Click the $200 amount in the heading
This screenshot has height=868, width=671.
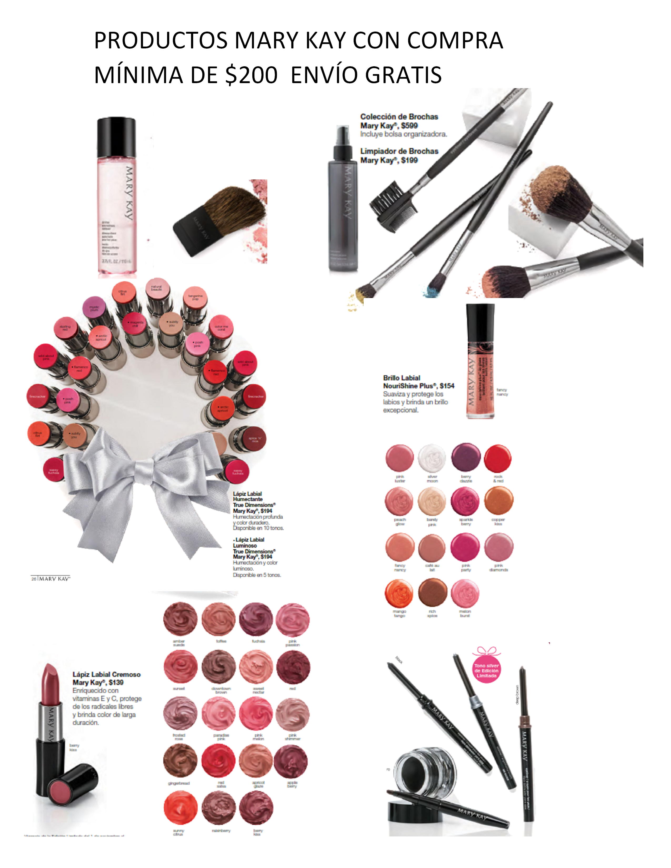pyautogui.click(x=251, y=75)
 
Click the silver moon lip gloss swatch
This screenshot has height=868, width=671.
pyautogui.click(x=432, y=458)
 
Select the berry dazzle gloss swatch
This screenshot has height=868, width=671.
pyautogui.click(x=465, y=457)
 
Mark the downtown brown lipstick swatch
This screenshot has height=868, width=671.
pyautogui.click(x=219, y=667)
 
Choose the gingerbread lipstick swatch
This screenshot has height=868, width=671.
pyautogui.click(x=180, y=760)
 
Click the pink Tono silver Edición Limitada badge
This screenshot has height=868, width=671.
pyautogui.click(x=486, y=670)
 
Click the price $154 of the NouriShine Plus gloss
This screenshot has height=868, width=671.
pyautogui.click(x=447, y=386)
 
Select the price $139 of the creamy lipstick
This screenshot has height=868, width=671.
pyautogui.click(x=116, y=682)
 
